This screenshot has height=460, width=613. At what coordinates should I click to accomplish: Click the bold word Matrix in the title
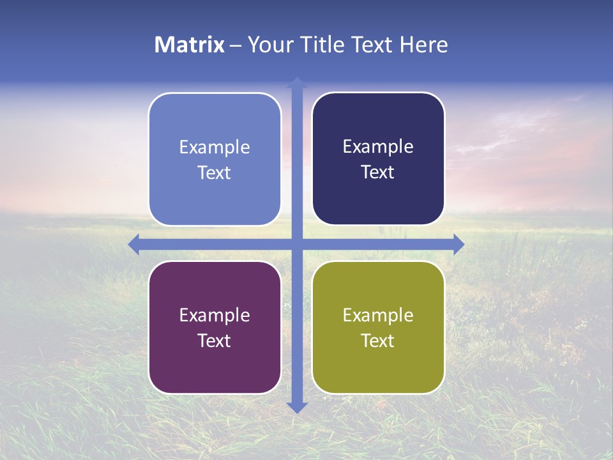(190, 45)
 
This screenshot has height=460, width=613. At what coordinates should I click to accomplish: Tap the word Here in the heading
(423, 45)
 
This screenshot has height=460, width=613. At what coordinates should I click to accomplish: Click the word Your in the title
(266, 45)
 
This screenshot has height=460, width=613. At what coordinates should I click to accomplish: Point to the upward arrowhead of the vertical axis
(297, 82)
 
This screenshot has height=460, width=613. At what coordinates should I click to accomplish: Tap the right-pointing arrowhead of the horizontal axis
(458, 244)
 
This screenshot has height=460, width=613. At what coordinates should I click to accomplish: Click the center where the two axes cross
(297, 244)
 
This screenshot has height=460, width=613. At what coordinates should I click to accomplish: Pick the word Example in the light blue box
(215, 148)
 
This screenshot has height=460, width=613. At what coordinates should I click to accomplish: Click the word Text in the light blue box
(215, 173)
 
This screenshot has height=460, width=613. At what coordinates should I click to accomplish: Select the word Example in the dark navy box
(378, 147)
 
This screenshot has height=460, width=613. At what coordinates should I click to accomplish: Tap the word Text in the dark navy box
(378, 172)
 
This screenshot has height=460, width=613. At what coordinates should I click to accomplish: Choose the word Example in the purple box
(215, 316)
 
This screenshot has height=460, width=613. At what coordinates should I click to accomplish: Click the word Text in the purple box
(215, 341)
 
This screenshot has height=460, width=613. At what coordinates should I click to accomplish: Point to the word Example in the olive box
(378, 316)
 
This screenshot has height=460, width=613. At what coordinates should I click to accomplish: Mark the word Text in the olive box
(378, 341)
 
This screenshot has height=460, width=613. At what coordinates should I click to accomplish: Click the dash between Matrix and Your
(235, 45)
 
